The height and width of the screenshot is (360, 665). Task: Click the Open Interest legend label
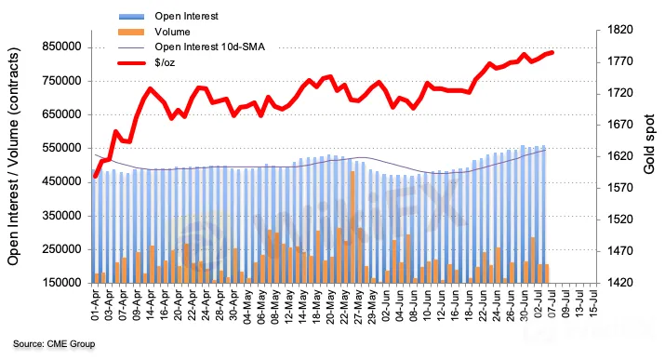click(186, 16)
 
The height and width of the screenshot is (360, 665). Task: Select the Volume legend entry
click(172, 32)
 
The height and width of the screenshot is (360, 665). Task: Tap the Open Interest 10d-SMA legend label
click(209, 47)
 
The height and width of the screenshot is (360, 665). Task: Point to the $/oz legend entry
click(165, 62)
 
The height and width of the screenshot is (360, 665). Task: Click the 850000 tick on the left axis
click(61, 47)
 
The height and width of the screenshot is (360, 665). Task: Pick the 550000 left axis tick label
click(61, 148)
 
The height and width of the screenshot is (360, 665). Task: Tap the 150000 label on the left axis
click(61, 283)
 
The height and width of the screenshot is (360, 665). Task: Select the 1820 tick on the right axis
click(619, 30)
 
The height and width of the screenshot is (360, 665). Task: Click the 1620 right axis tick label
click(619, 156)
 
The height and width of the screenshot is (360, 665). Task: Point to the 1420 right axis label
click(619, 283)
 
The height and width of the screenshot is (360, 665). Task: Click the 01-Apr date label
click(95, 305)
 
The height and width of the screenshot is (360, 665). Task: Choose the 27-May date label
click(358, 305)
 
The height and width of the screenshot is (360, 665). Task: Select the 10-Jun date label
click(427, 304)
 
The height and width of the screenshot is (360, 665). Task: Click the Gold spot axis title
click(649, 144)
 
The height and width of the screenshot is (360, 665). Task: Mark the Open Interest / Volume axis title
click(13, 156)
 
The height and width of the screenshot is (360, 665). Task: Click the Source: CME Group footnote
click(54, 343)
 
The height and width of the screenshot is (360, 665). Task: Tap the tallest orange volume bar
click(352, 227)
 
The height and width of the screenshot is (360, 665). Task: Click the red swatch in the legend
click(131, 63)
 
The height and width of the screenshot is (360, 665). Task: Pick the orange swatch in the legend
click(131, 32)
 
